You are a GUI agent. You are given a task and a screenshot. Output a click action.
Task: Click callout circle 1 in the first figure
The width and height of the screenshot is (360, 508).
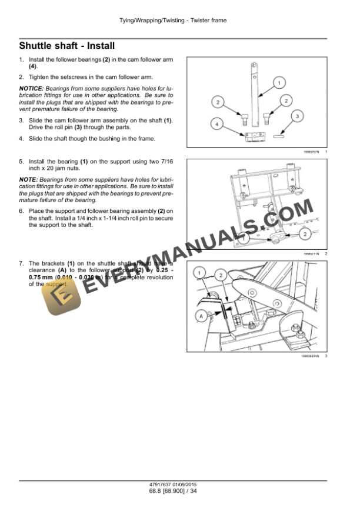tap(279, 82)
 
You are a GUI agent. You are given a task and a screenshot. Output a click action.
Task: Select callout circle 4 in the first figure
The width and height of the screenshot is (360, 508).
tap(217, 125)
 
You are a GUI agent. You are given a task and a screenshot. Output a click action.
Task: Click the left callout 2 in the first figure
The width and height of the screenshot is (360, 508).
tap(218, 103)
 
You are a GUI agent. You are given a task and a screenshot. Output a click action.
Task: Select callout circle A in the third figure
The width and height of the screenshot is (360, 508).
tap(201, 316)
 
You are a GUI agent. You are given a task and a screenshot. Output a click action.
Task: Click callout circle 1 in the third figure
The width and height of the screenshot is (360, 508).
tap(201, 273)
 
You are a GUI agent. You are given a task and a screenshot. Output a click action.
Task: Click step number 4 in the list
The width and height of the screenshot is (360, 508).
tap(22, 139)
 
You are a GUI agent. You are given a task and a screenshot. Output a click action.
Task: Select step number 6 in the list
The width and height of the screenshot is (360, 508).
tap(22, 210)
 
